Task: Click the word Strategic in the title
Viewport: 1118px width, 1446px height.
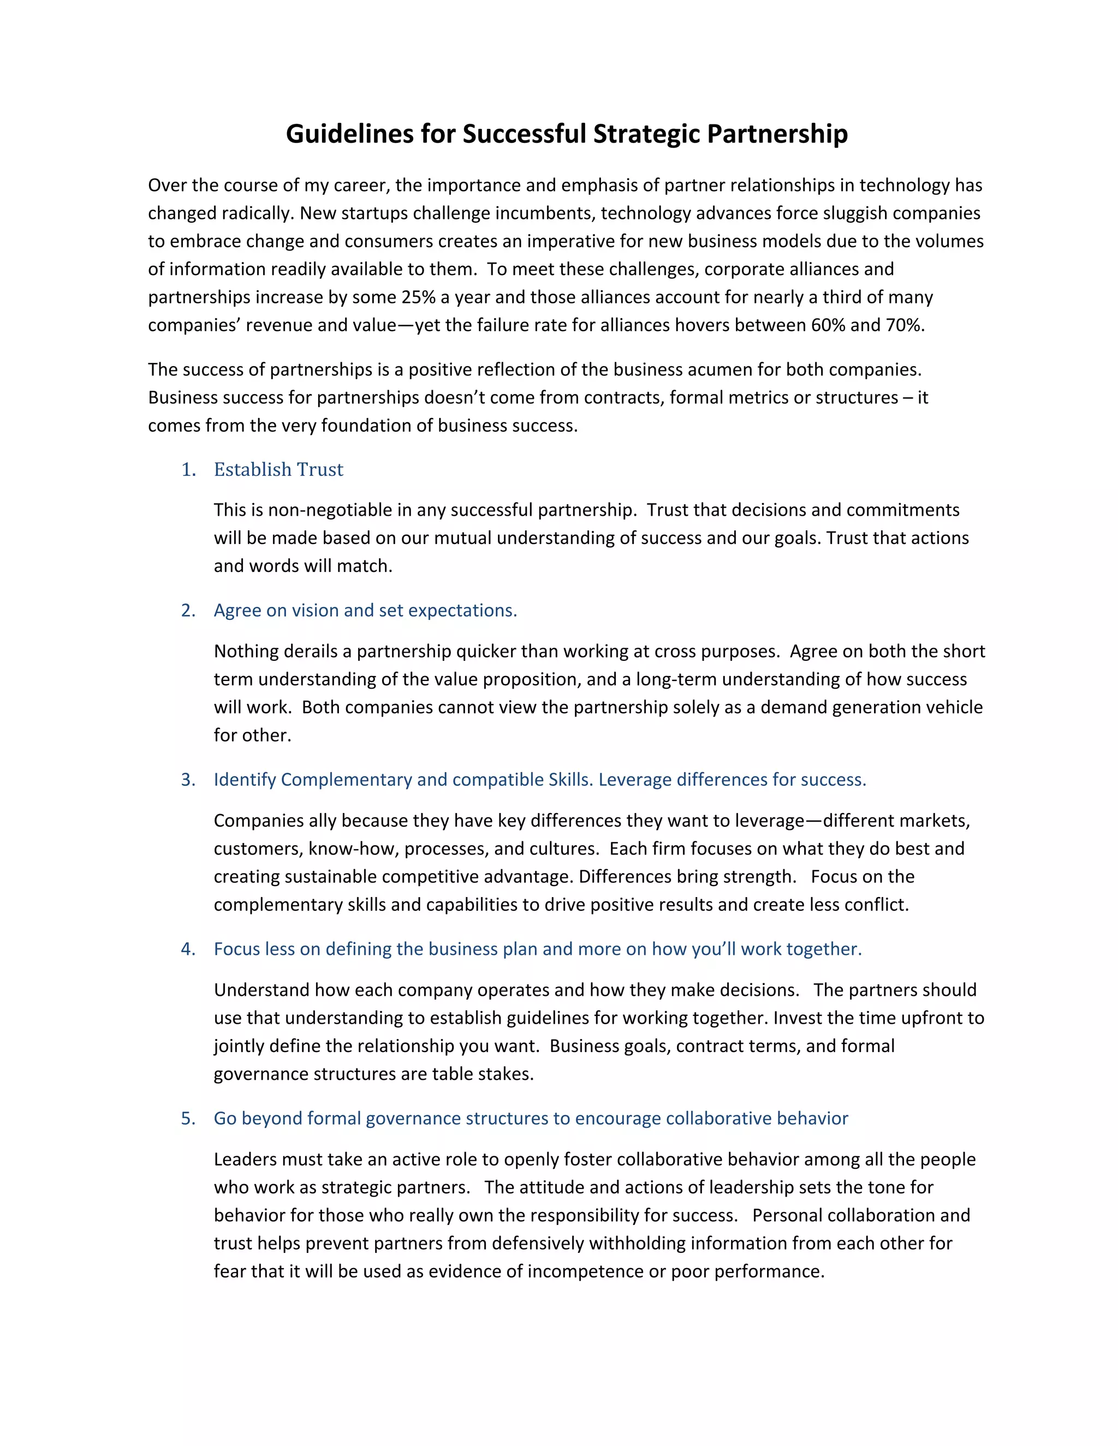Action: coord(646,134)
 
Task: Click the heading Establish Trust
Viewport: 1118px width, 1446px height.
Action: coord(278,469)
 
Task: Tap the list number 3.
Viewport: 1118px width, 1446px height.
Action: coord(188,780)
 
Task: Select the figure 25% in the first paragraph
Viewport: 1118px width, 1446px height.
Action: coord(418,297)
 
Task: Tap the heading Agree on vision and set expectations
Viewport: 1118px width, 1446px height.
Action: coord(365,611)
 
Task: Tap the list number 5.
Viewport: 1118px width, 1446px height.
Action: coord(188,1119)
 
